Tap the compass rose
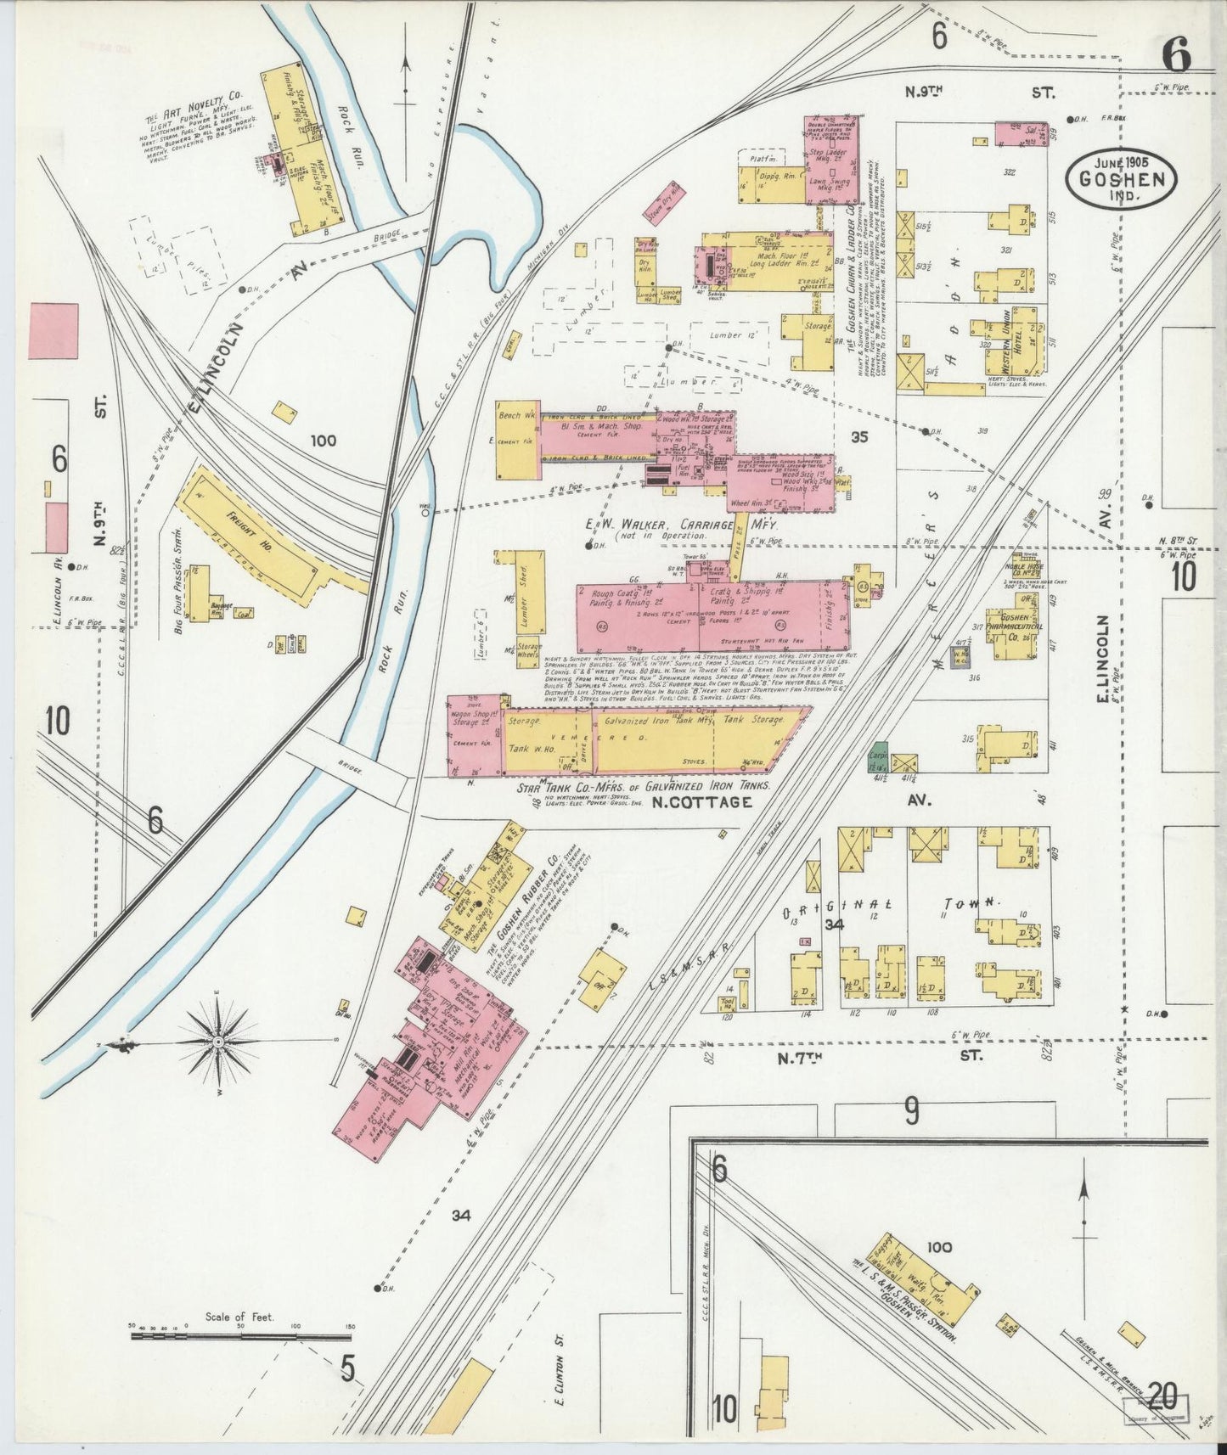click(218, 1041)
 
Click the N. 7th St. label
click(875, 1057)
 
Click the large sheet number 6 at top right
click(1176, 56)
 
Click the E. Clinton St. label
click(560, 1384)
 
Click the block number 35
click(859, 437)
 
